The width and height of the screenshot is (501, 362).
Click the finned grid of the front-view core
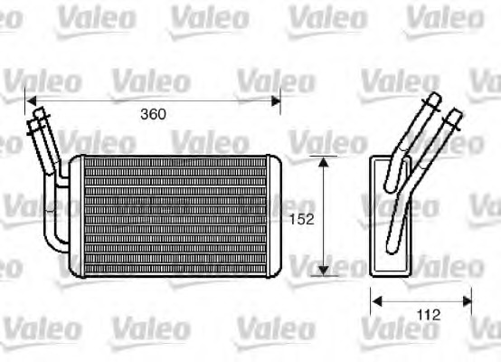(172, 215)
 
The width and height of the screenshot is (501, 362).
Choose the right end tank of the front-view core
(272, 215)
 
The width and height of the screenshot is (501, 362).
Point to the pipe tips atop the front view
(38, 115)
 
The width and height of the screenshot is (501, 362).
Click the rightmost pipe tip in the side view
(455, 115)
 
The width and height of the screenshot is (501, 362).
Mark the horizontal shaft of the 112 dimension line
(421, 300)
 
